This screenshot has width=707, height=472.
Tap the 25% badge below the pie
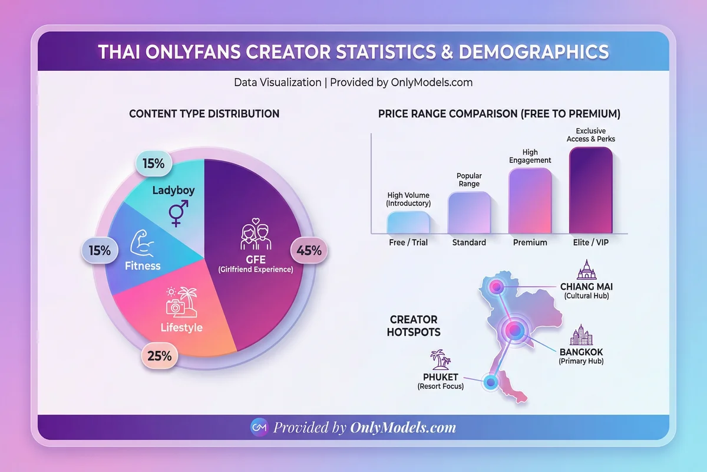click(x=159, y=356)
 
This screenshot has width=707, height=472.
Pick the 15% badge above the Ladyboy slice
click(x=153, y=164)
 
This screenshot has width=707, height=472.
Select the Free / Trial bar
click(x=408, y=222)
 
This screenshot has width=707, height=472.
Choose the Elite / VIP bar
click(x=591, y=190)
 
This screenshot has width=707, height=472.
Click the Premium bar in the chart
click(x=530, y=201)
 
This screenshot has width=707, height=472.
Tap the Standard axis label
click(x=469, y=242)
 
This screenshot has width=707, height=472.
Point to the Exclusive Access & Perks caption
click(x=591, y=135)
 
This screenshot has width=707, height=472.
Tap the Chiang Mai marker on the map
click(x=497, y=288)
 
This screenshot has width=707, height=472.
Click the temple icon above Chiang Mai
click(x=587, y=270)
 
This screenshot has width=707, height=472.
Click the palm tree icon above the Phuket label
click(x=437, y=358)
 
